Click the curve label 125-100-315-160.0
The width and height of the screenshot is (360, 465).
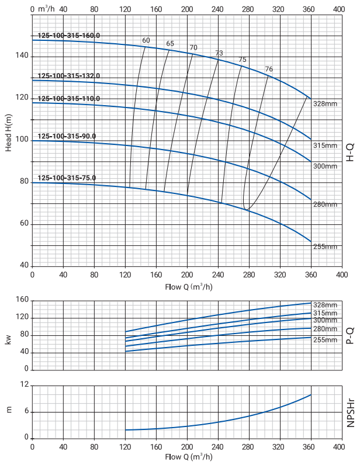[69, 36]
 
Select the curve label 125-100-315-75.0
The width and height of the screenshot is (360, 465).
[67, 178]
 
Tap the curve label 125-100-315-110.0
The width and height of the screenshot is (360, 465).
[69, 98]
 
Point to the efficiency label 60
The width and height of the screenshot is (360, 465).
[146, 40]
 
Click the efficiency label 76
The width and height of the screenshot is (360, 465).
[269, 69]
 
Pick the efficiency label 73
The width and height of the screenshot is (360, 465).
[219, 53]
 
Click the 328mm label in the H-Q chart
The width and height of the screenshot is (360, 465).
[325, 103]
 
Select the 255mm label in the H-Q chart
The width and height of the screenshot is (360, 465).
[325, 247]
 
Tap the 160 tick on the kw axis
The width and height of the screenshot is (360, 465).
[22, 300]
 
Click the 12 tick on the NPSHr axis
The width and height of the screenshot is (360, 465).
[25, 386]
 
